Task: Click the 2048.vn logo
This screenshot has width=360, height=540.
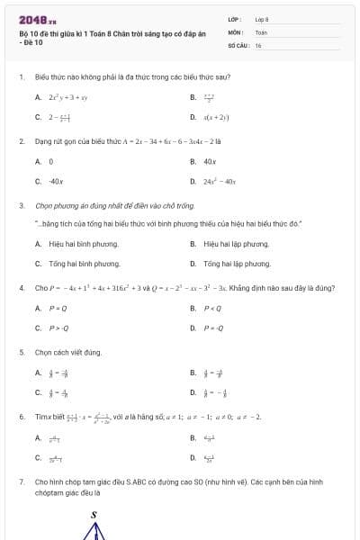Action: click(38, 19)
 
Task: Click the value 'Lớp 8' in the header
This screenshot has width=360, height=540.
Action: click(262, 19)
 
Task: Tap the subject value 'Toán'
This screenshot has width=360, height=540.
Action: click(261, 31)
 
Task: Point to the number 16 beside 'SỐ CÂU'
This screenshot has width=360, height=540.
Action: click(258, 44)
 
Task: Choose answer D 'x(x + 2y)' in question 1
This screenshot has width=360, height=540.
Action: click(216, 117)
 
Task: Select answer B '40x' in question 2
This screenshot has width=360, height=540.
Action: click(210, 161)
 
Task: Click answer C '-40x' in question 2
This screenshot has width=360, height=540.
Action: click(56, 181)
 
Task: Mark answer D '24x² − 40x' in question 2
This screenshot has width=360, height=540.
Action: click(220, 181)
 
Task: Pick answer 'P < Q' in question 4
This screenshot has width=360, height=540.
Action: click(212, 308)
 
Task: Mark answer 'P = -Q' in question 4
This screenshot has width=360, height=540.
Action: click(213, 328)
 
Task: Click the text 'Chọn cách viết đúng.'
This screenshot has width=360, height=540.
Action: click(68, 352)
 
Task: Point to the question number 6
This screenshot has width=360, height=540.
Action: click(21, 417)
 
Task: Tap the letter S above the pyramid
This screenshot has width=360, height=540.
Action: click(94, 515)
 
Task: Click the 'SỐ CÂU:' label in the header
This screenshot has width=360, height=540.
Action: click(237, 44)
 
